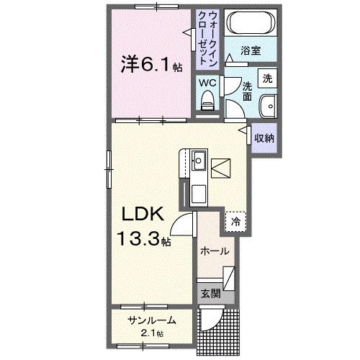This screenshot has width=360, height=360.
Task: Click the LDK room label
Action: (143, 215)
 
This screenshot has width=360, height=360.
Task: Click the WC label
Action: (208, 83)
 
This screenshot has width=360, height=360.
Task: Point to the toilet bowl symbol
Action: (208, 103)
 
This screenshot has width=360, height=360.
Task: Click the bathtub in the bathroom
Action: (250, 26)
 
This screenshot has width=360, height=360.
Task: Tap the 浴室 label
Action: (251, 52)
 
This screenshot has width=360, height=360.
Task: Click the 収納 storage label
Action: (264, 137)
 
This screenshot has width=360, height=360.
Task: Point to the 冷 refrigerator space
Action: (235, 222)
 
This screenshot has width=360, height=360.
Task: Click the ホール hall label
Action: (215, 251)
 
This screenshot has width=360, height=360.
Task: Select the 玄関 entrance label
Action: (210, 293)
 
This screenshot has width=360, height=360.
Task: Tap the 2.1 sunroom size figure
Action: (152, 333)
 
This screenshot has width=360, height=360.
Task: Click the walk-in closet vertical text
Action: (208, 36)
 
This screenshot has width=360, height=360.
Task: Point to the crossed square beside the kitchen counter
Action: (222, 168)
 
